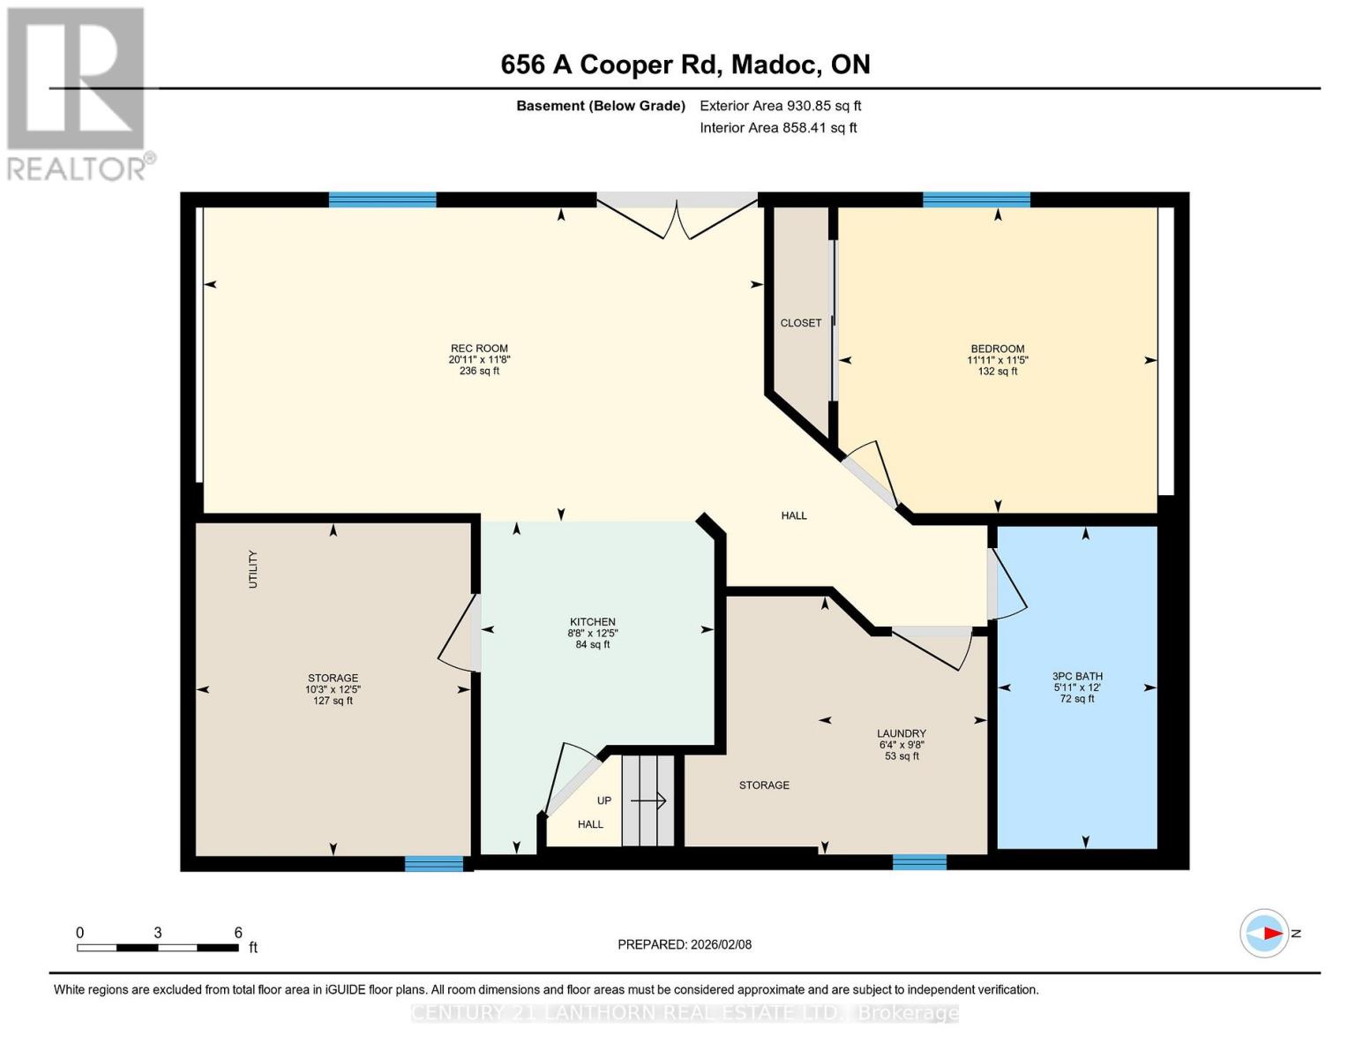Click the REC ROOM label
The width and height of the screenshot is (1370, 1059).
[x=479, y=349]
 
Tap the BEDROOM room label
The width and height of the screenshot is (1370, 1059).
[x=998, y=349]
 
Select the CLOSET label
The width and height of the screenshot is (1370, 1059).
[x=800, y=323]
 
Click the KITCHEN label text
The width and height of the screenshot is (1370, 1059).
[x=592, y=622]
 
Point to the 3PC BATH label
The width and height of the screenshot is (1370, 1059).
[x=1077, y=676]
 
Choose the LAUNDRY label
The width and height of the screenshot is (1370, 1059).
[x=901, y=733]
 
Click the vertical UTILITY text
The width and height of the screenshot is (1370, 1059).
[x=253, y=569]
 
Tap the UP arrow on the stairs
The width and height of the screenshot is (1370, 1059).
[x=648, y=800]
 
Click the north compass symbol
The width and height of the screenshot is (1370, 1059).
[x=1265, y=933]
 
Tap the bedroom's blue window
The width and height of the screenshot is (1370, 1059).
[x=976, y=199]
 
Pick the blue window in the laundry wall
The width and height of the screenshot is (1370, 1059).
[x=918, y=862]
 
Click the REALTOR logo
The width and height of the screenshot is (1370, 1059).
[x=78, y=93]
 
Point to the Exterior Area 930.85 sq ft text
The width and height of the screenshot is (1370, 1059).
[x=780, y=106]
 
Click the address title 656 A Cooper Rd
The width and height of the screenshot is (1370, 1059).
[x=685, y=64]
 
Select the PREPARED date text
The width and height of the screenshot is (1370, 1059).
[x=684, y=944]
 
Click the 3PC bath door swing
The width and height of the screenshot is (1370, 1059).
[x=1006, y=584]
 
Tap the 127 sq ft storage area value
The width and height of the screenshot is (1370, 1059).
[x=333, y=701]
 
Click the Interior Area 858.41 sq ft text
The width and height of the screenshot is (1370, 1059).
[x=778, y=128]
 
